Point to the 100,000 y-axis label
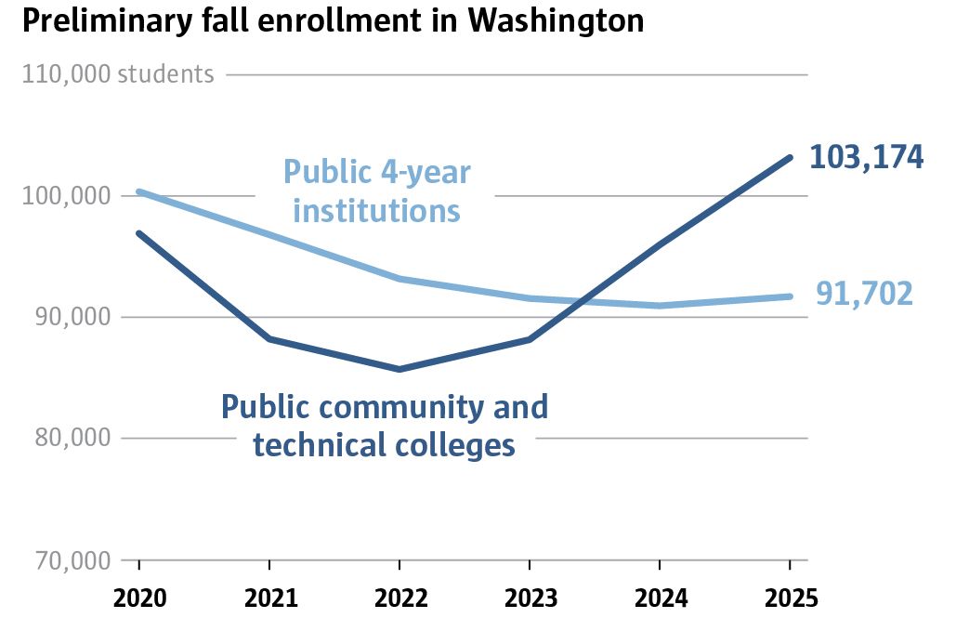pos(59,196)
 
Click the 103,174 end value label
pos(866,157)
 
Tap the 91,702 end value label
pos(864,295)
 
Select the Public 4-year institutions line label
pos(376,191)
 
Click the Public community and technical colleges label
pos(384,426)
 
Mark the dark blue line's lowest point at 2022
pos(399,369)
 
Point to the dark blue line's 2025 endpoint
pos(790,157)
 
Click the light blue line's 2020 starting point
pos(139,191)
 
